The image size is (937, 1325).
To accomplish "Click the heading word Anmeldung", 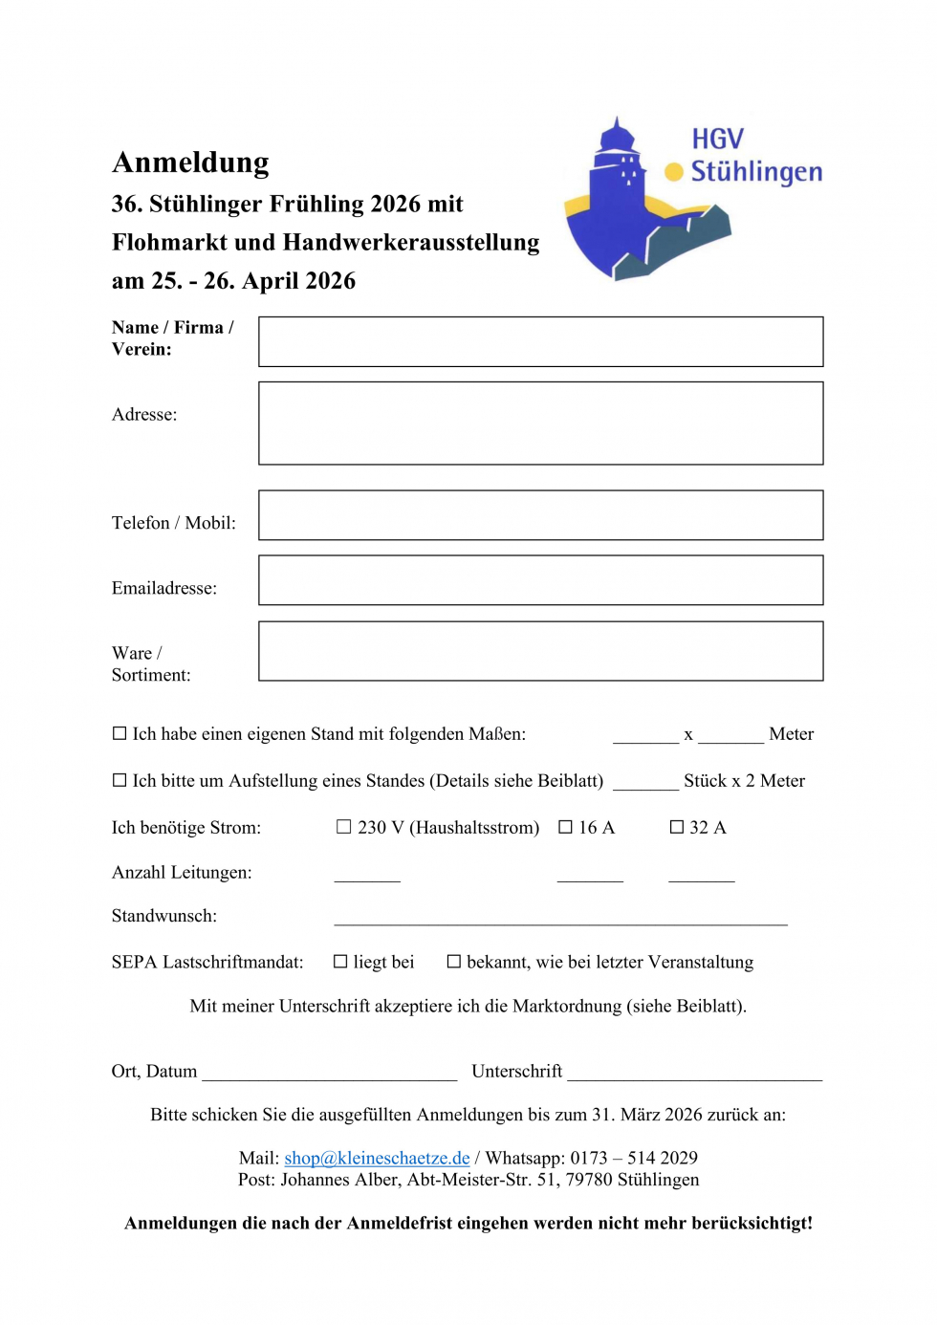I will (x=190, y=163).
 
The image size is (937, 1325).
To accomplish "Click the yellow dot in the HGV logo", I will (x=674, y=172).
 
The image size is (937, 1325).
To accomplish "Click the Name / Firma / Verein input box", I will (x=540, y=342).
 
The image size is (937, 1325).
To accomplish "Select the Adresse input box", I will (x=540, y=424).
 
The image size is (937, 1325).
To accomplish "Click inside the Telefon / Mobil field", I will (x=540, y=515).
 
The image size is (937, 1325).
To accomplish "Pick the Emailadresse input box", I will (x=540, y=580).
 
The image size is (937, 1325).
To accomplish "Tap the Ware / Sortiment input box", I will (x=540, y=651).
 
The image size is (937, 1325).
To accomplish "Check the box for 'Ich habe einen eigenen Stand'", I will (x=120, y=734).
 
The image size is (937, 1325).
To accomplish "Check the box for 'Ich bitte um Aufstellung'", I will (x=120, y=781).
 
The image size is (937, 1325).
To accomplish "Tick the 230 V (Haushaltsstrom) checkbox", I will (x=344, y=827).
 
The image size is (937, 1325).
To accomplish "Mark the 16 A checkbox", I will (x=565, y=827).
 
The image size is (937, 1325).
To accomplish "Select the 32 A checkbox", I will (x=677, y=827).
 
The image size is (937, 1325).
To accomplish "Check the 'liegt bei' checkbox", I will (x=340, y=962).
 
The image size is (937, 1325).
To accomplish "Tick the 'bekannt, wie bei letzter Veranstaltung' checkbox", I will (x=454, y=962).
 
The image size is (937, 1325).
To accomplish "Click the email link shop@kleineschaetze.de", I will (x=377, y=1159).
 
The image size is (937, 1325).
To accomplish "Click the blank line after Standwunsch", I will (x=560, y=920).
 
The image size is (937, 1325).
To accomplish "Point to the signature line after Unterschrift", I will (x=694, y=1075).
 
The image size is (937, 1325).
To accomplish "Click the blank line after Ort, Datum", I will (x=330, y=1075).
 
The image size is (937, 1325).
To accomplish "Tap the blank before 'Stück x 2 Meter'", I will (x=645, y=785).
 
